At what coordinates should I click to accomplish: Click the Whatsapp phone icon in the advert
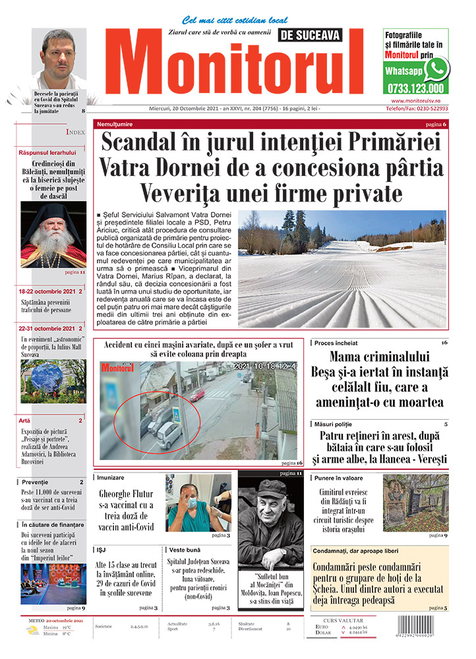[x=436, y=69]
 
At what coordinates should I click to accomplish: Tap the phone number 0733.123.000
[x=415, y=88]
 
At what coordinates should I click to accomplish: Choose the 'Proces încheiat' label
[x=336, y=343]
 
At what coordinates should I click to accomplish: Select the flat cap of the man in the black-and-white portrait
[x=271, y=490]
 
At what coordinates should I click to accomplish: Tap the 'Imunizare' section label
[x=110, y=477]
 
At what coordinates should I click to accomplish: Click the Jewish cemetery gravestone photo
[x=415, y=503]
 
